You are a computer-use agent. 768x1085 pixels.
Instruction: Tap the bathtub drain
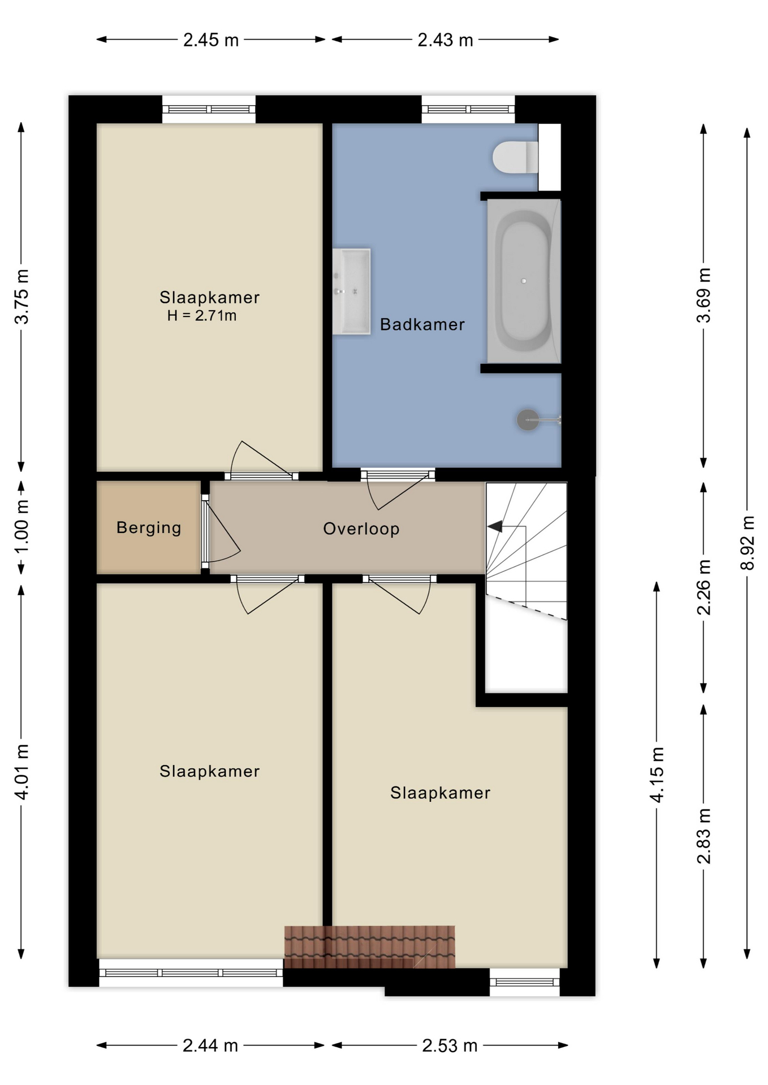pyautogui.click(x=524, y=281)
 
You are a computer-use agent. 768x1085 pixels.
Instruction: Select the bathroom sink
pyautogui.click(x=351, y=291)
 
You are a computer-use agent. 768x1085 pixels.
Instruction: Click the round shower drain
pyautogui.click(x=528, y=420)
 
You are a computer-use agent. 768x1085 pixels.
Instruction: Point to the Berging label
pyautogui.click(x=149, y=528)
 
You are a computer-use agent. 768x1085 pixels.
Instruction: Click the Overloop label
pyautogui.click(x=361, y=529)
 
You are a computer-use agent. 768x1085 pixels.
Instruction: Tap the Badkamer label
pyautogui.click(x=422, y=324)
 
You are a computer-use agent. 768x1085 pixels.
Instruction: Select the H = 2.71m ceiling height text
pyautogui.click(x=202, y=316)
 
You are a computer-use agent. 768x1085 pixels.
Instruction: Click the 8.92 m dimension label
pyautogui.click(x=747, y=543)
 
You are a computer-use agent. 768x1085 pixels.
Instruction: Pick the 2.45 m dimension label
pyautogui.click(x=211, y=40)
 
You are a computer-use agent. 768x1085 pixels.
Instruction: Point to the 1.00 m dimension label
pyautogui.click(x=21, y=528)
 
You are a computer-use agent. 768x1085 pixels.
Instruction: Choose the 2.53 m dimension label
pyautogui.click(x=450, y=1046)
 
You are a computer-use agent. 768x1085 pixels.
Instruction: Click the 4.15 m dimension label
pyautogui.click(x=657, y=775)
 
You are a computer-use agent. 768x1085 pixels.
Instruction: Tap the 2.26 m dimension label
pyautogui.click(x=704, y=587)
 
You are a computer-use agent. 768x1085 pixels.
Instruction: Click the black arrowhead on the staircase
pyautogui.click(x=495, y=526)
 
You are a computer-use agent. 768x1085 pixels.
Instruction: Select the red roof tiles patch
pyautogui.click(x=369, y=947)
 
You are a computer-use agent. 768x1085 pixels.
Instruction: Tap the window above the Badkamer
pyautogui.click(x=468, y=109)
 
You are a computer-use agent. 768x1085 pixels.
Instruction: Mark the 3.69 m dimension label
pyautogui.click(x=704, y=296)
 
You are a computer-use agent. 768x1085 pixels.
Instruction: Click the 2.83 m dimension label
pyautogui.click(x=704, y=836)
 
